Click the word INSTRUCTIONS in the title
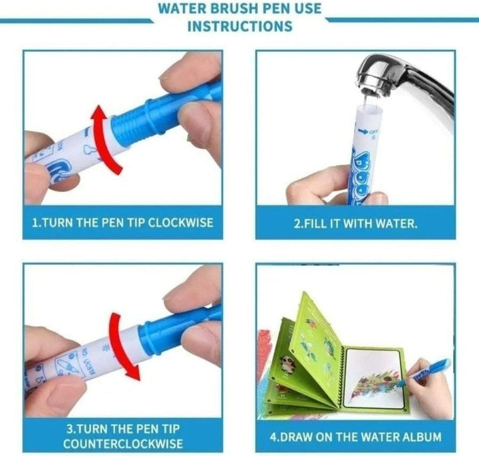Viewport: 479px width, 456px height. point(239,26)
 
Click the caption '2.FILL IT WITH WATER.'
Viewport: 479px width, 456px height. point(356,223)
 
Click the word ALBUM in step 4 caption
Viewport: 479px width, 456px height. point(422,437)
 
